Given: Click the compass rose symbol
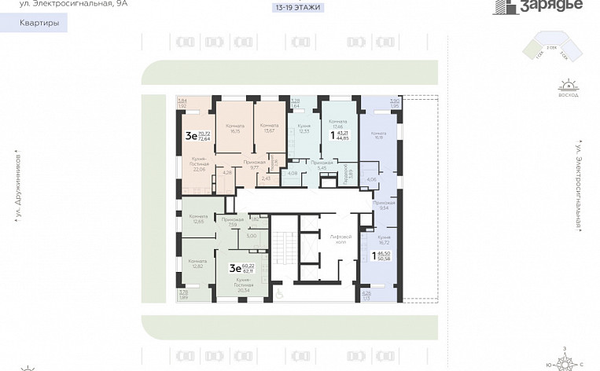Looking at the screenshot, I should [x=568, y=361].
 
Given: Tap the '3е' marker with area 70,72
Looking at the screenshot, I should [x=190, y=135].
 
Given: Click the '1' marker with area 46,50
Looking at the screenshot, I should [x=374, y=254].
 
